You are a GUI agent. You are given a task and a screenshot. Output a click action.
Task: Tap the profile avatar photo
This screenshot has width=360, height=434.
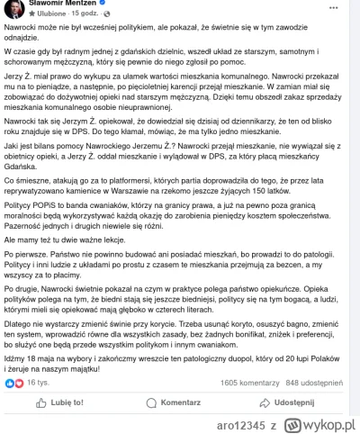[x=13, y=8]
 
